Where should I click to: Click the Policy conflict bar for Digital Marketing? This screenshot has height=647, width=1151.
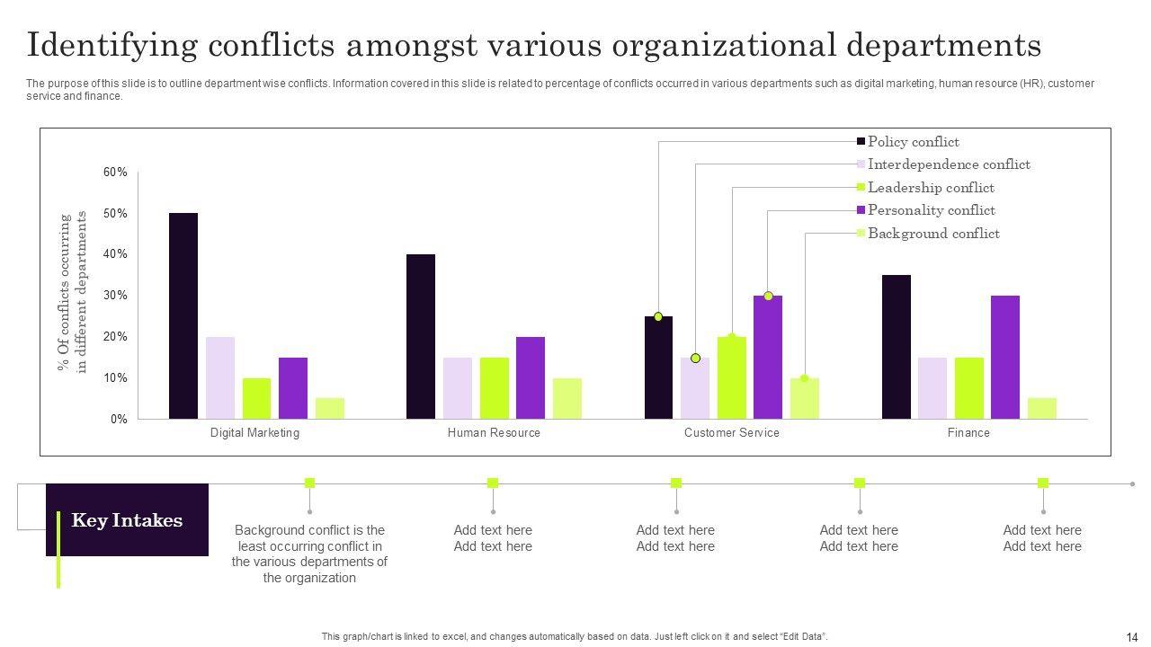point(183,316)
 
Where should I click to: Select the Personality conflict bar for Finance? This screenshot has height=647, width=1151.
point(1004,358)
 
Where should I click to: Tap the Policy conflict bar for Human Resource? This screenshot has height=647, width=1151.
point(421,337)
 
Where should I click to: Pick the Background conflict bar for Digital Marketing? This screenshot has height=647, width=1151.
point(329,409)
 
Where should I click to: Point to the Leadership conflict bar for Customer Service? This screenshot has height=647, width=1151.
point(732,378)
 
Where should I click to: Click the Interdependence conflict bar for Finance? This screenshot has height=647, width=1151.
point(932,388)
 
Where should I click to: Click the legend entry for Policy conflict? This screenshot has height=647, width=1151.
point(912,142)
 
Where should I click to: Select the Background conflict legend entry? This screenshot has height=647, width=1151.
point(932,234)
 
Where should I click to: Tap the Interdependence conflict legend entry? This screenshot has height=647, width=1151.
point(948,164)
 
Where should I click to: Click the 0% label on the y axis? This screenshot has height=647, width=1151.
point(120,420)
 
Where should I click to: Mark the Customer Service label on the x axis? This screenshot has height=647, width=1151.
point(731,433)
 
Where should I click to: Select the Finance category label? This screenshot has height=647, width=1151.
point(968,433)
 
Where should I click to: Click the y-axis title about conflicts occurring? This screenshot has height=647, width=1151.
point(72,292)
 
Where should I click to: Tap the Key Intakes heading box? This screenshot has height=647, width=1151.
point(127,520)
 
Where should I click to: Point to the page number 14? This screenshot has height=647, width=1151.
point(1131,636)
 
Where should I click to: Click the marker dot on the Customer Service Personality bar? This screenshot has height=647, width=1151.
point(768,296)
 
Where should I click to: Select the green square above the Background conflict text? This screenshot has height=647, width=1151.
point(309,483)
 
